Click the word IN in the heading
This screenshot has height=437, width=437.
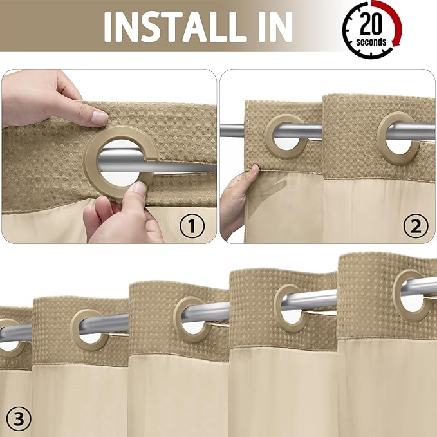point(270,26)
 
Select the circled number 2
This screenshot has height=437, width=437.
point(415,225)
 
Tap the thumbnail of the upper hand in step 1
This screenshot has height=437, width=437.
point(99,118)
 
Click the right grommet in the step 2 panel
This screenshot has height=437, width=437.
point(398,134)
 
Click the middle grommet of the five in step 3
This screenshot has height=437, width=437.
point(192,319)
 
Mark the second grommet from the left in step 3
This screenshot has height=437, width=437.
point(89,330)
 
